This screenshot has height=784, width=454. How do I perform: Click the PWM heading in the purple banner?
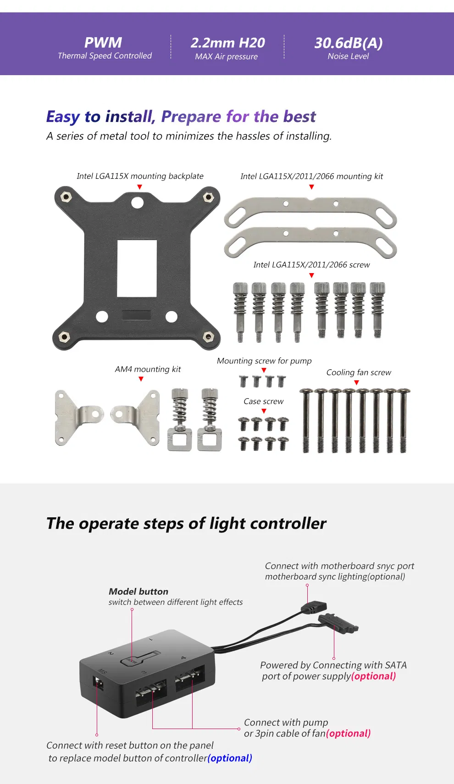[x=103, y=43]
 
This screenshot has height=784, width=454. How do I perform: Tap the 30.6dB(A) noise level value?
[x=348, y=43]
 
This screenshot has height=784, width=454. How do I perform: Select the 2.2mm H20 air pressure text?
[x=227, y=43]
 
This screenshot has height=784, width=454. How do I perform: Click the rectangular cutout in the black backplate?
[x=137, y=268]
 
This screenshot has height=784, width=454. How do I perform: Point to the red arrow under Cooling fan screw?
[x=357, y=383]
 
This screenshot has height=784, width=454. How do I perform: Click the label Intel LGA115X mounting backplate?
[x=140, y=176]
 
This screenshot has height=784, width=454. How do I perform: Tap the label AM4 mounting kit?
[x=148, y=369]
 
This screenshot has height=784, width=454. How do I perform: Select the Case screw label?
[x=263, y=401]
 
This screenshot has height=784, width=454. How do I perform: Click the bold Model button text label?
[x=138, y=592]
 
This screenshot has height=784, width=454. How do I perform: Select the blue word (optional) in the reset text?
[x=230, y=758]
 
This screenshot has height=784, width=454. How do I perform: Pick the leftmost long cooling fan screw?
[x=306, y=421]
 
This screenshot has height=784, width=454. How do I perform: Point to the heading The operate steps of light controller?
[x=186, y=523]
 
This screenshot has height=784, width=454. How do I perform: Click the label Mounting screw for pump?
[x=264, y=361]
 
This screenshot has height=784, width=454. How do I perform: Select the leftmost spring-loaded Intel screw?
[x=240, y=312]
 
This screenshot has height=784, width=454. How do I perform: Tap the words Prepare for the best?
[x=238, y=116]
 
